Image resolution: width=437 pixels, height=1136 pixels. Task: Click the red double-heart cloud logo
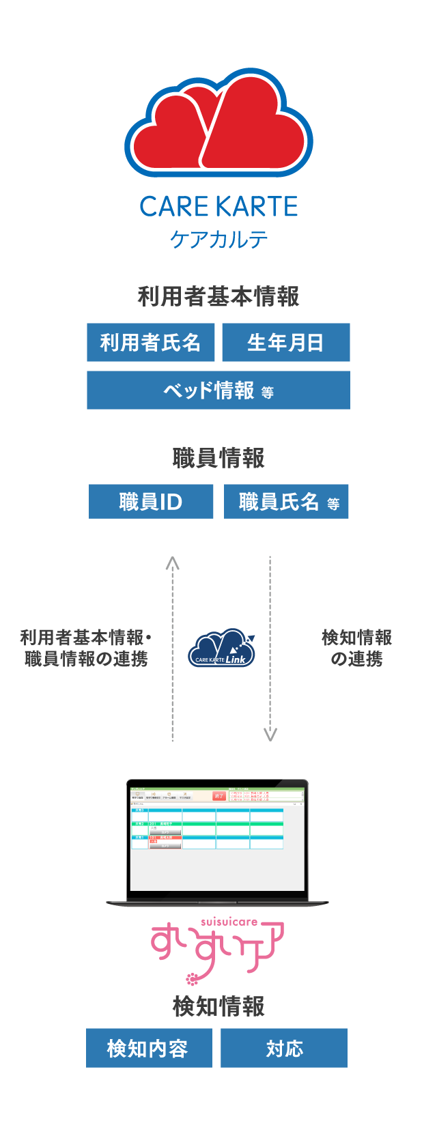(x=218, y=123)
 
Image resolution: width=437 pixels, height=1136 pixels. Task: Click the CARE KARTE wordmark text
(x=218, y=206)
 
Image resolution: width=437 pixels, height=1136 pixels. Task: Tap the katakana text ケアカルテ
(x=218, y=240)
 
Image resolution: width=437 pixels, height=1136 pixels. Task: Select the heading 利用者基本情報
(x=218, y=297)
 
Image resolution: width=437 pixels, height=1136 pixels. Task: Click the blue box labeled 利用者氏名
(x=151, y=343)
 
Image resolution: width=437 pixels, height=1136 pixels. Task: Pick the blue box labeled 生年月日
(x=285, y=343)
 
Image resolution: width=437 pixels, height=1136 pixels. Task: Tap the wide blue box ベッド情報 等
(x=218, y=390)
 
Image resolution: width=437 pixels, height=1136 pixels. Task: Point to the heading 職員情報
(x=218, y=458)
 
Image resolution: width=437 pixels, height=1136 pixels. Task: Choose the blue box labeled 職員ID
(x=151, y=502)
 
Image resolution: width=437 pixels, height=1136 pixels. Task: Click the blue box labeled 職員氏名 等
(x=286, y=502)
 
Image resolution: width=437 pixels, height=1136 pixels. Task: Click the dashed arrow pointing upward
(x=173, y=649)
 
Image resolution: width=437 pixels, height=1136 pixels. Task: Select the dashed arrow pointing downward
(x=270, y=649)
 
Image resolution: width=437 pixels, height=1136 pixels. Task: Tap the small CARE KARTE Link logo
(x=221, y=649)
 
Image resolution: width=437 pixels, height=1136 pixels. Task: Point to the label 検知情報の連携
(x=356, y=648)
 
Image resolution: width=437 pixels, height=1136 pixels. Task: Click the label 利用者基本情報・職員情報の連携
(x=86, y=648)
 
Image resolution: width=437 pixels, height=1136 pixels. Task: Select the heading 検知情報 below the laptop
(x=218, y=1006)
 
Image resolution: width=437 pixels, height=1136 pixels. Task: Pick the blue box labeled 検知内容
(x=149, y=1048)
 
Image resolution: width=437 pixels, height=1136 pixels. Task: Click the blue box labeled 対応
(x=284, y=1048)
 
